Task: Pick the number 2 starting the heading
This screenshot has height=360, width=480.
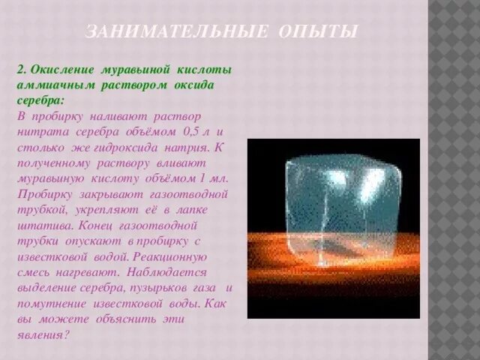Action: click(20, 69)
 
